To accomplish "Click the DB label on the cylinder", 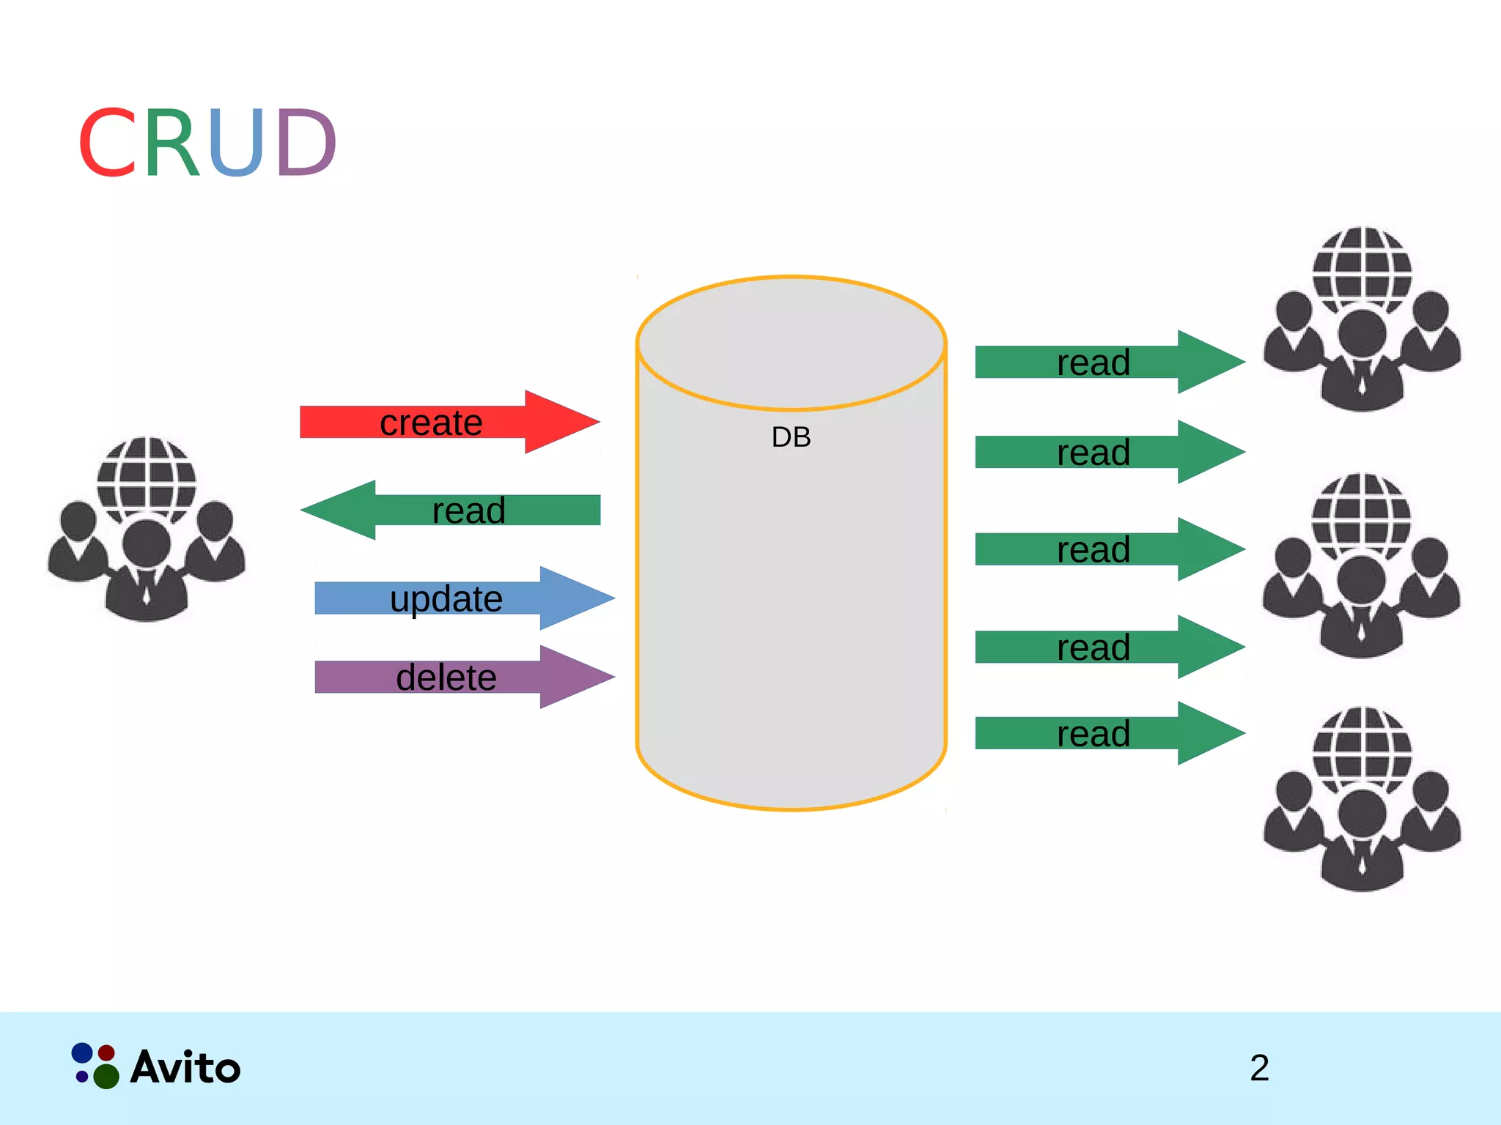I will click(791, 437).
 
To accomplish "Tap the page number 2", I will click(1259, 1068).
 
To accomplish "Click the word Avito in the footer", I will click(185, 1068).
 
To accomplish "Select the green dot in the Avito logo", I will click(106, 1076).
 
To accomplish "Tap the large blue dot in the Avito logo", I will click(82, 1052).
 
